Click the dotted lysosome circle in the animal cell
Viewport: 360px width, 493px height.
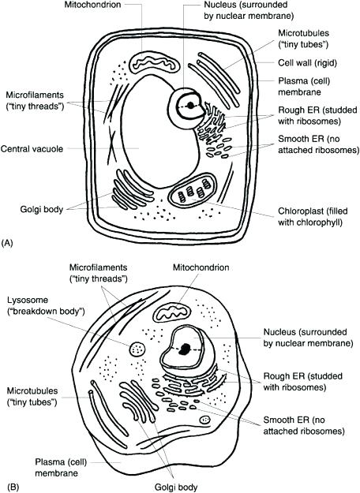click(138, 349)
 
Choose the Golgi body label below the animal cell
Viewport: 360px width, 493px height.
click(172, 487)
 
